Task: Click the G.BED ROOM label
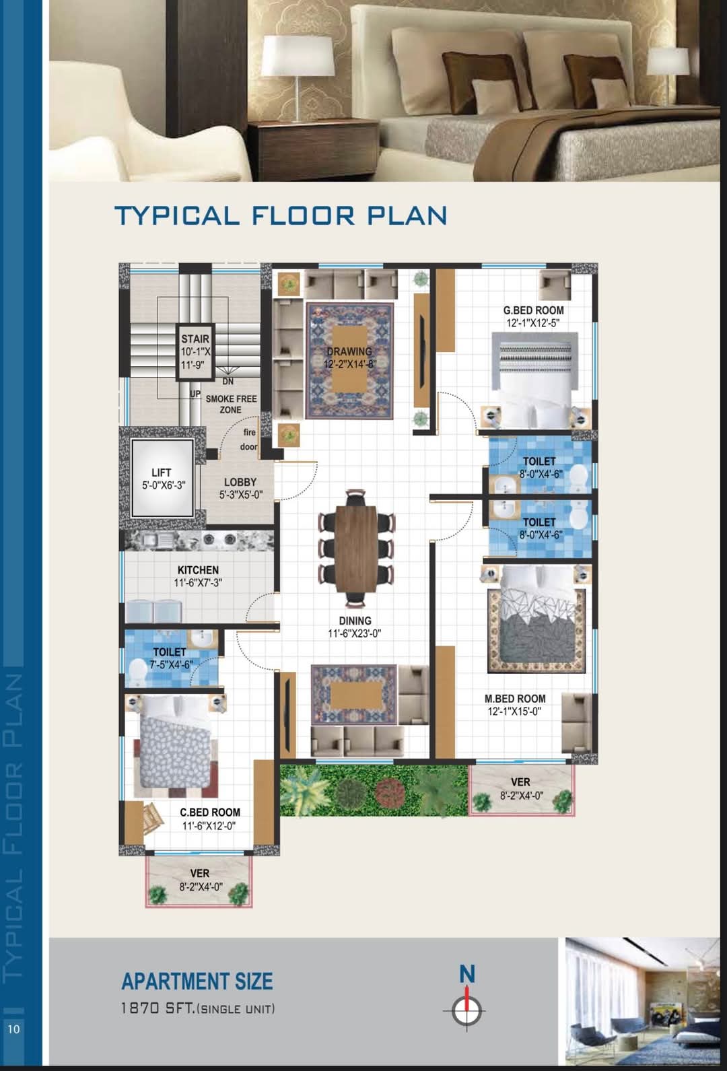533,310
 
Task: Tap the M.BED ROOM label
515,699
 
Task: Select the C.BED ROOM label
210,813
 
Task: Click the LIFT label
161,473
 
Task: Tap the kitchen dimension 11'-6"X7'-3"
198,583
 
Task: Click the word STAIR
195,339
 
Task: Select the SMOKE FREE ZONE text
232,405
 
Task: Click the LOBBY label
240,483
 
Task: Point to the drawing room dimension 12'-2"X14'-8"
350,364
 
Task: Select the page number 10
14,1029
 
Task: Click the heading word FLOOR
302,215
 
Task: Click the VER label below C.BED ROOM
199,874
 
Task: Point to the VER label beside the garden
520,782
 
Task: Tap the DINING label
355,621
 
